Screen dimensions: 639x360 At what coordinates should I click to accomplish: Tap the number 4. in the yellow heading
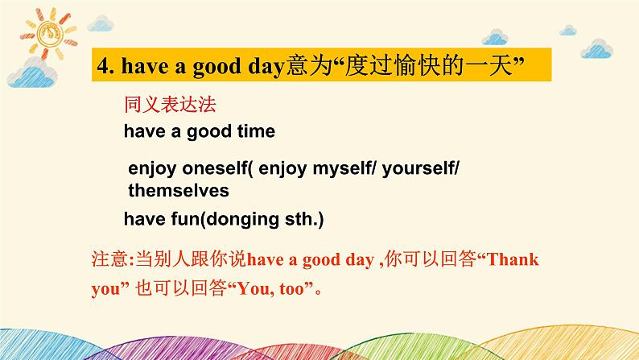point(105,66)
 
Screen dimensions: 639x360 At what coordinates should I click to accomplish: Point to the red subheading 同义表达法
point(170,104)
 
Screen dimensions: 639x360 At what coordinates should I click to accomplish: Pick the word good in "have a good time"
point(209,132)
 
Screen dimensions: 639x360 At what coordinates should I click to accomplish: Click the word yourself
point(418,169)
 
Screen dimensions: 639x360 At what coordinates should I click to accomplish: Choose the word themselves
point(179,191)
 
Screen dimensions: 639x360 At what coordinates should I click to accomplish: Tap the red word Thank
point(513,259)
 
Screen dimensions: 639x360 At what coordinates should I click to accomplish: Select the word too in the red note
point(292,289)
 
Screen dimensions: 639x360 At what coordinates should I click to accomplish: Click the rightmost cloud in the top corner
point(596,49)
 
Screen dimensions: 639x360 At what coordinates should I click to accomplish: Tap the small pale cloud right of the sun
point(101,23)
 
